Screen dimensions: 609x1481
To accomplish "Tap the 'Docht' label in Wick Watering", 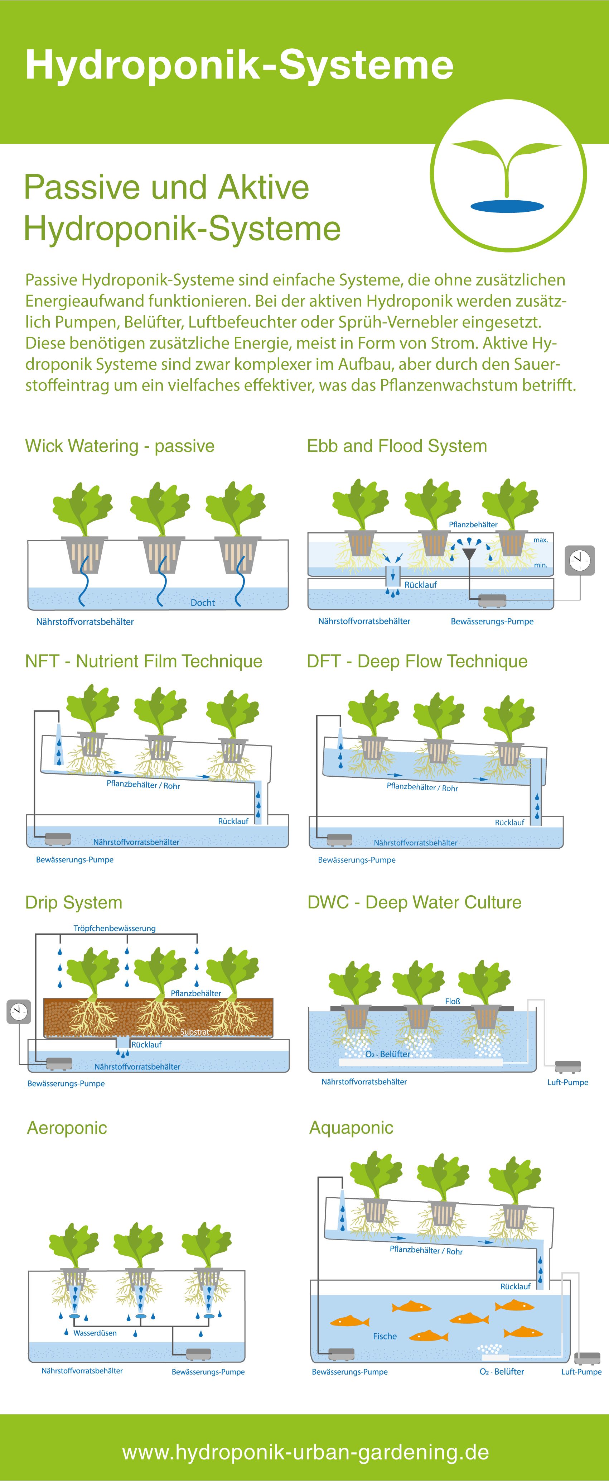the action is click(202, 603).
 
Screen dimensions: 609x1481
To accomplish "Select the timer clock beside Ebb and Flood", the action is click(580, 560).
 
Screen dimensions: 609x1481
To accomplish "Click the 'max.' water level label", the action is click(541, 540).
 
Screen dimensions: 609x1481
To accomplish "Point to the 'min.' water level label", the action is click(541, 565).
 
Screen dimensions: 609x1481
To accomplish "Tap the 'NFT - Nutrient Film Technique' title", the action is click(144, 661).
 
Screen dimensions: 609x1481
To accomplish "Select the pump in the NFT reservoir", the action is click(57, 839).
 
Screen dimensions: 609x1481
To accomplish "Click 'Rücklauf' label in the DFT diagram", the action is click(509, 823).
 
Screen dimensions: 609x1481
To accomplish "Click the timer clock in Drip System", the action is click(18, 1012).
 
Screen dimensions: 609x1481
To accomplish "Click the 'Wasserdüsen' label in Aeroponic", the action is click(95, 1333).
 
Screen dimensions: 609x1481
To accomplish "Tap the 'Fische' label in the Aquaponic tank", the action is click(385, 1336).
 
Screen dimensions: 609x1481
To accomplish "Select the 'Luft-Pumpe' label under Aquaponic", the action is click(581, 1372).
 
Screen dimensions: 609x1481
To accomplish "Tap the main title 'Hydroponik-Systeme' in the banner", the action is click(240, 64).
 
